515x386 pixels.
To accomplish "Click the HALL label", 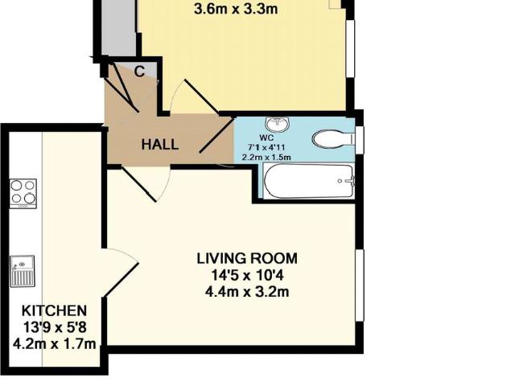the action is pos(160,145).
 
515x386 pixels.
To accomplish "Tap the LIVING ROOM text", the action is pos(247,258).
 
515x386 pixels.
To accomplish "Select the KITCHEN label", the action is pos(54,310).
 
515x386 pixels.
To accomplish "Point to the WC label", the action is pos(266,138).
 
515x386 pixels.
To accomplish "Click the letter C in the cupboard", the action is pos(139,72).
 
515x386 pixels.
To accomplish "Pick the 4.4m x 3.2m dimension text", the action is pos(247,291).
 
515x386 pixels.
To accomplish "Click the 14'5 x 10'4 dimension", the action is pos(247,275).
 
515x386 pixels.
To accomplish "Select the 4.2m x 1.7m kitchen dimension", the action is pos(54,343).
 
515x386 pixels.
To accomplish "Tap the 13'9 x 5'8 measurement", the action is pos(54,327).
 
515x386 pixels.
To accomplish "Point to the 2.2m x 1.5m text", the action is pos(266,158).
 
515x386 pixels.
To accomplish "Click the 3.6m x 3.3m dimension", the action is pos(236,9).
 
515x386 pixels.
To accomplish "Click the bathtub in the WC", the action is pos(308,181).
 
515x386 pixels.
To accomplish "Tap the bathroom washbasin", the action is pos(278,124).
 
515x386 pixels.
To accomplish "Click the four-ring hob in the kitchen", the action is pos(23,194).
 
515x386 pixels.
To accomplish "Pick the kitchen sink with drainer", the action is pos(23,271).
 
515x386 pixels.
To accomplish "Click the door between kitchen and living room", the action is pos(121,272).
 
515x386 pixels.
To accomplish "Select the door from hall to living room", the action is pos(146,183).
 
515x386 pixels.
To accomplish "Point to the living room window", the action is pos(360,285).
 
